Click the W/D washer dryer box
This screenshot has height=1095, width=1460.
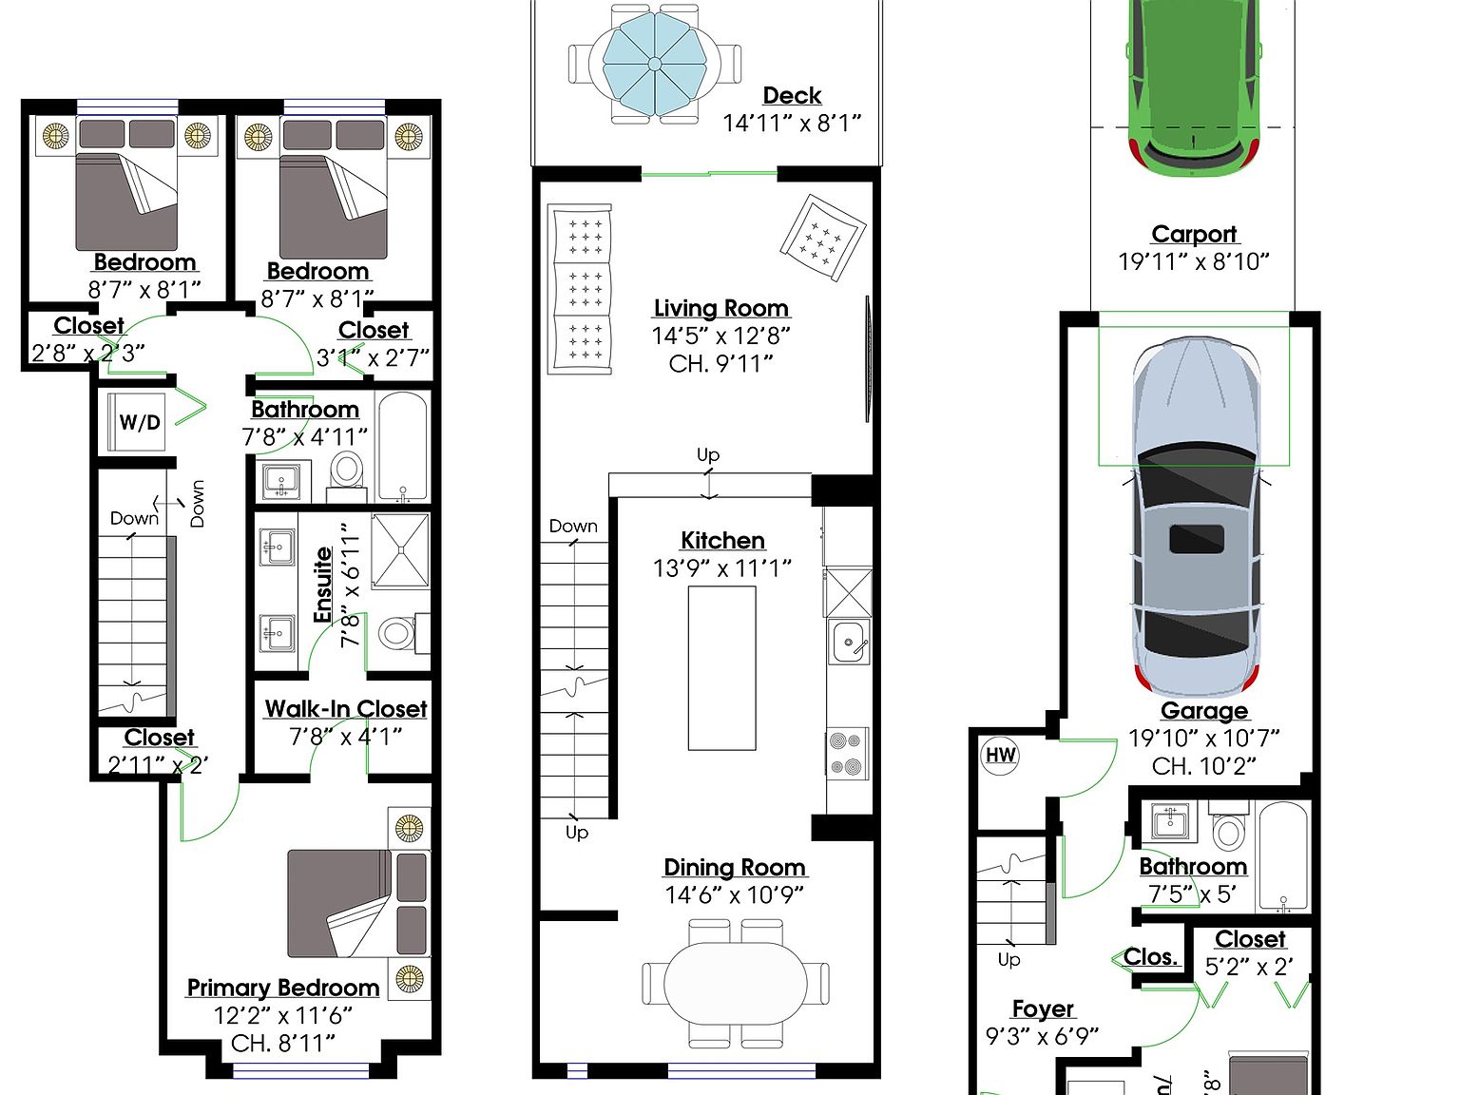click(x=139, y=422)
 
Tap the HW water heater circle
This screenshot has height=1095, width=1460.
click(x=1000, y=756)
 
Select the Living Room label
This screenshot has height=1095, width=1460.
click(x=721, y=308)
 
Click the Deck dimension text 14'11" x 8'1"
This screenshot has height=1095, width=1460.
click(x=791, y=123)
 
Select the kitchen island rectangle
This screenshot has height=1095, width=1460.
click(x=722, y=668)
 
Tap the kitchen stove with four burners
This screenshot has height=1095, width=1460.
click(x=847, y=754)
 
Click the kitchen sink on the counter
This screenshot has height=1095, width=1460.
click(x=848, y=642)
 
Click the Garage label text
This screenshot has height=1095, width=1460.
click(x=1204, y=711)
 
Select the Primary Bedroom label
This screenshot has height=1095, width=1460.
click(x=283, y=988)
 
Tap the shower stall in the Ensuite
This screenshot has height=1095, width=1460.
click(x=399, y=551)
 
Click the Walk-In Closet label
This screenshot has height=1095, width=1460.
click(x=346, y=709)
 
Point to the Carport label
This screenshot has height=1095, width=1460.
click(x=1194, y=234)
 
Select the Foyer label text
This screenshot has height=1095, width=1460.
click(x=1043, y=1009)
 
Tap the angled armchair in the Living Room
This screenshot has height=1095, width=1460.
click(x=822, y=238)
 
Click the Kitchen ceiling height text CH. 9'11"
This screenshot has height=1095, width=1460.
click(x=721, y=363)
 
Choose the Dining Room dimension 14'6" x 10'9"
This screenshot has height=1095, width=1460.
click(x=735, y=894)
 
